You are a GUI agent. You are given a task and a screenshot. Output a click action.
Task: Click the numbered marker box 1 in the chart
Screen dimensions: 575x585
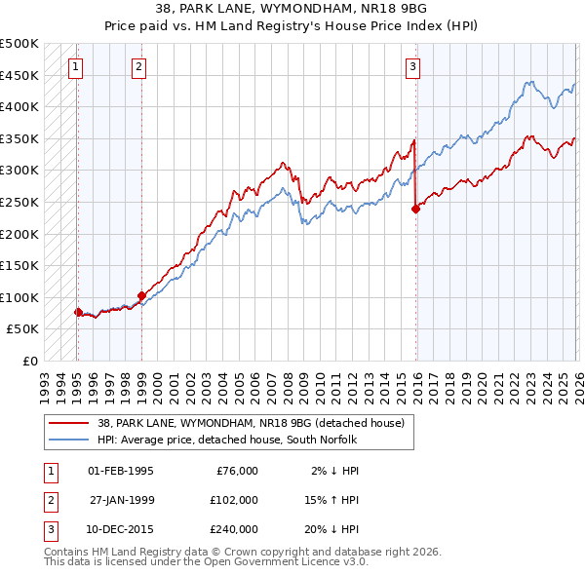[76, 66]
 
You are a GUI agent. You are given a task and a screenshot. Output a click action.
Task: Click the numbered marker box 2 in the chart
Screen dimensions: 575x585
[139, 66]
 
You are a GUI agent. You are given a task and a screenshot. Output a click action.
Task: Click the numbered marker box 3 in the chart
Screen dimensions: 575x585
[412, 66]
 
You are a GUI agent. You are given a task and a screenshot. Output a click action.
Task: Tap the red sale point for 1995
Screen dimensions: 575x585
[78, 312]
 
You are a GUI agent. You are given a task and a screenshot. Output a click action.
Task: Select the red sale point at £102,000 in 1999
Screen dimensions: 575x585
[141, 295]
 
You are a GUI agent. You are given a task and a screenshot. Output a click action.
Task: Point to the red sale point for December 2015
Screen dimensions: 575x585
[415, 208]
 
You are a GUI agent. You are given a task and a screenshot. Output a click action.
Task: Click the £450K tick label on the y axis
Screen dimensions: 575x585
[19, 75]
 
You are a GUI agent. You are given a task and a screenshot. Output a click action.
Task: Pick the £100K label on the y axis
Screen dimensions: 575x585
[19, 297]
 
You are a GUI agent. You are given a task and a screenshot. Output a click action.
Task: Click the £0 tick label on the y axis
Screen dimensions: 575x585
[29, 361]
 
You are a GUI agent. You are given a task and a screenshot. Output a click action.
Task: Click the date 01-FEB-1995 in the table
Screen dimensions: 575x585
[121, 471]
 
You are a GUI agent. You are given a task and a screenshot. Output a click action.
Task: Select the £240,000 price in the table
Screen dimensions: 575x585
[232, 529]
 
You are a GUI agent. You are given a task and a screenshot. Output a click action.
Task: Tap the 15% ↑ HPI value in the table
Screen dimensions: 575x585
[331, 500]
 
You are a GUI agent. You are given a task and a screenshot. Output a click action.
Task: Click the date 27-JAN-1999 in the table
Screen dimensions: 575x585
[121, 500]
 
